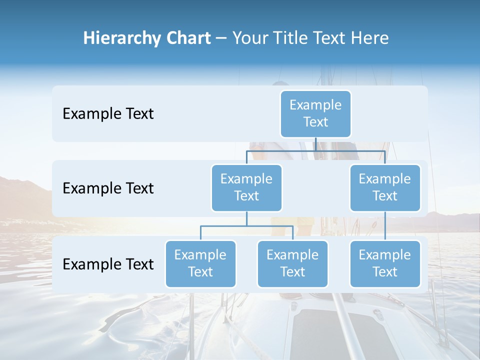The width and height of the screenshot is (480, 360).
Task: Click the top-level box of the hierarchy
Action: pos(315,114)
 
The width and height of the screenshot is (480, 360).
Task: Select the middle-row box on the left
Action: pos(246,188)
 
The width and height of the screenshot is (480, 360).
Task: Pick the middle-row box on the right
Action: pos(385,188)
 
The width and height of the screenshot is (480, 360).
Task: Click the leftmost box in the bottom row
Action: pos(200,264)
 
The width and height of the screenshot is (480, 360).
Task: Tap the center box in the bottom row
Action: pos(292,264)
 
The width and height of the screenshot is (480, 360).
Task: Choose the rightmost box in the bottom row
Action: pos(385,264)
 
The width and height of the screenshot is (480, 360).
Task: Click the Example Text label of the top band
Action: pos(108,114)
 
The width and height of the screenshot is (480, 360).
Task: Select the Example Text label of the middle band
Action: pos(108,188)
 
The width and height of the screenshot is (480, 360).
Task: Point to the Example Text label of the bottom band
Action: pos(108,264)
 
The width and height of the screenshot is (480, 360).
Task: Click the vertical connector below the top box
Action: pos(315,144)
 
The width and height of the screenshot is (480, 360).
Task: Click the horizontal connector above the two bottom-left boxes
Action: pos(246,226)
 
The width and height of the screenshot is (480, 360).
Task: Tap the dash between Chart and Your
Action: pos(221,38)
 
